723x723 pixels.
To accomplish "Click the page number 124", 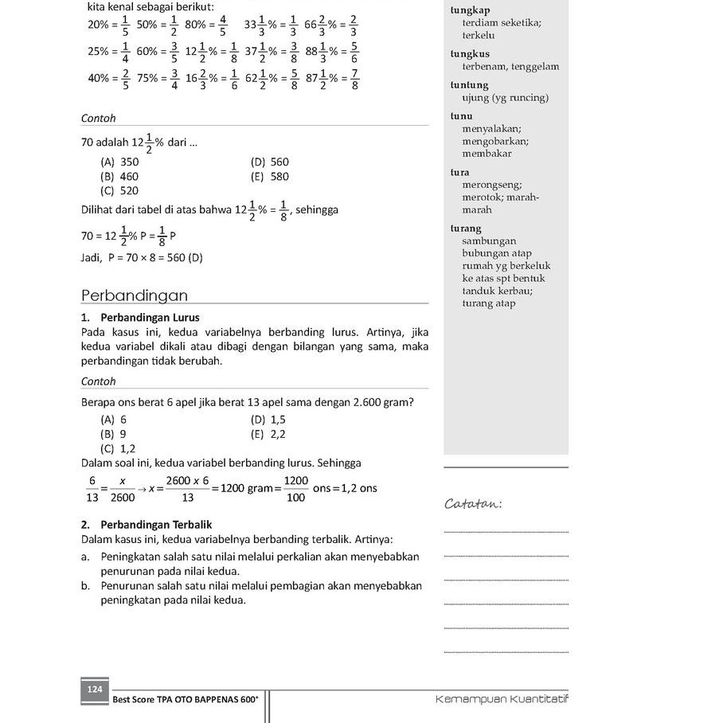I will coord(95,690).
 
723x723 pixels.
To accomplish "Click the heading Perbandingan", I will coord(135,295).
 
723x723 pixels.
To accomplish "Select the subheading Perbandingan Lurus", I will coord(150,317).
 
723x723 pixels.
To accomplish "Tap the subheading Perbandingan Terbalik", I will coord(155,525).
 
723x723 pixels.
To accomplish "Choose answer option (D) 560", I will coord(270,162).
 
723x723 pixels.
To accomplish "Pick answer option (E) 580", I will coord(270,176).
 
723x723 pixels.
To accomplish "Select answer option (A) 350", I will coord(119,162).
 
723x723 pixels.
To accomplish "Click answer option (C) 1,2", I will coord(118,448).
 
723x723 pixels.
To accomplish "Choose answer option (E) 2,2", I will coord(268,434).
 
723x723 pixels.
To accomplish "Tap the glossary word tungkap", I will coord(470,10).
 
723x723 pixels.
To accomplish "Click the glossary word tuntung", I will coord(469,85).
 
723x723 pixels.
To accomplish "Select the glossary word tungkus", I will coord(470,54).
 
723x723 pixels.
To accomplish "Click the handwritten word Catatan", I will coord(474,503).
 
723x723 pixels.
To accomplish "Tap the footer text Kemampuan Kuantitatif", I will coord(502,699).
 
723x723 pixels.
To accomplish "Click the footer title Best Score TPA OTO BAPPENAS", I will coord(186,699).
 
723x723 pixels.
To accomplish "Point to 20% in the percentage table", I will coord(98,24).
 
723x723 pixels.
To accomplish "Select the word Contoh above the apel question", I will coord(99,381).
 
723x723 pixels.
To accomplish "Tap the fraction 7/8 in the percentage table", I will coord(354,79).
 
